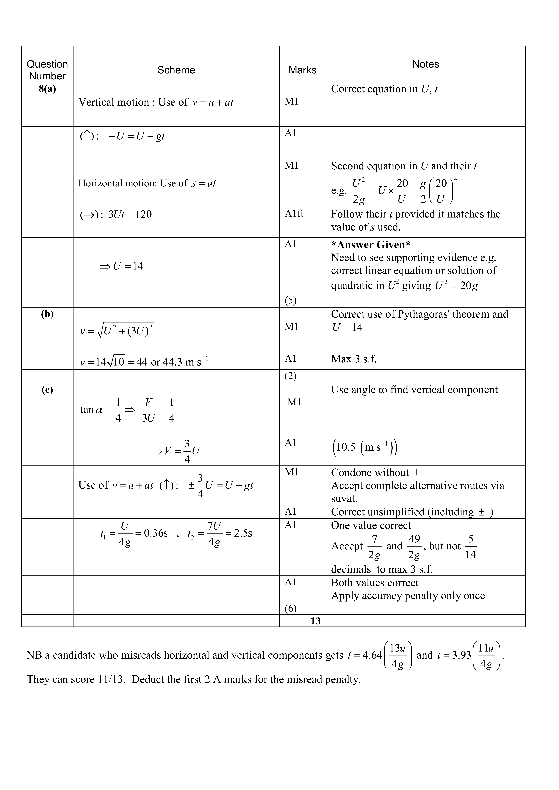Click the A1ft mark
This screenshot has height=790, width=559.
[x=294, y=214]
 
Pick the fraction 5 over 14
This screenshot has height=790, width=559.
[x=470, y=546]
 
